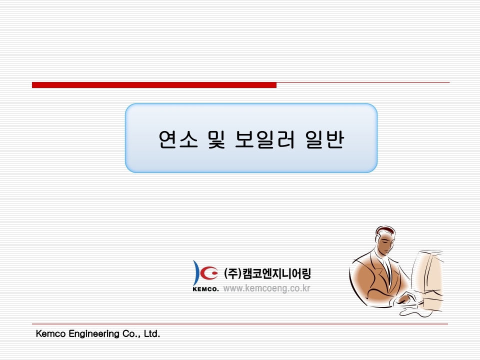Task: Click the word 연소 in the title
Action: (x=178, y=139)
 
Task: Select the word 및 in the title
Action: (x=216, y=139)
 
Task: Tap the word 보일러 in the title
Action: (x=265, y=139)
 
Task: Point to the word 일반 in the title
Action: (x=324, y=139)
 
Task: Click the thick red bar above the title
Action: (x=154, y=85)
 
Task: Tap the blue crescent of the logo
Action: (x=196, y=272)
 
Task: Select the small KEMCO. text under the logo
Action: (x=205, y=288)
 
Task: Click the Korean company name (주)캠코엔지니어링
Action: (x=267, y=273)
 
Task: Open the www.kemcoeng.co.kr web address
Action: (x=266, y=288)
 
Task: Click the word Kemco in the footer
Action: (x=51, y=333)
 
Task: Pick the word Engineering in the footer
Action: (x=94, y=334)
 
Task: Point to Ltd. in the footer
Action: (x=152, y=333)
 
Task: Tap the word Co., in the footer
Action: (x=131, y=333)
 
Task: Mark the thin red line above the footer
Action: (x=240, y=323)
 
